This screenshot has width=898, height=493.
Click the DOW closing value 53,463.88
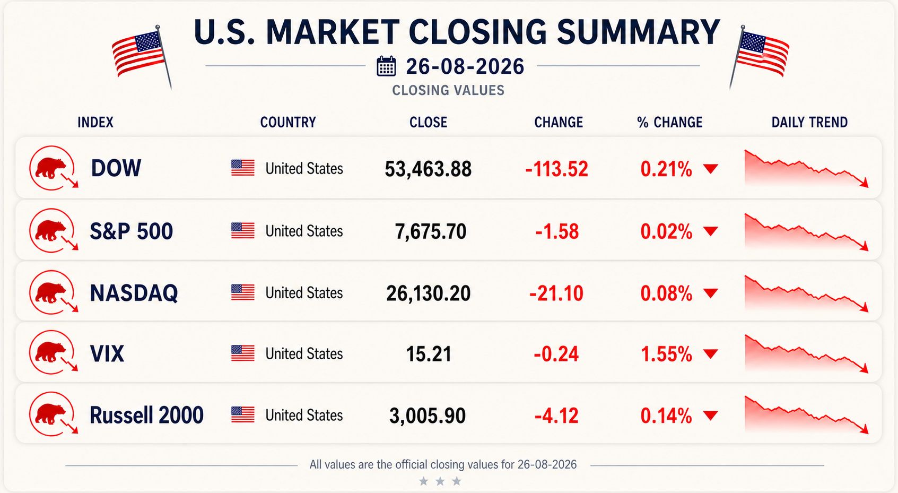pyautogui.click(x=428, y=169)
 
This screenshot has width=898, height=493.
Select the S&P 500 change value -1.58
pyautogui.click(x=557, y=231)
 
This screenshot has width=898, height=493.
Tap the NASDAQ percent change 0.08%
pyautogui.click(x=666, y=293)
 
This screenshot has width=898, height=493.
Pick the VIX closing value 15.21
pyautogui.click(x=429, y=354)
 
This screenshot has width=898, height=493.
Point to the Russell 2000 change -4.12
pyautogui.click(x=556, y=416)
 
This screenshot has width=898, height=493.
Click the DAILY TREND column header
pyautogui.click(x=809, y=122)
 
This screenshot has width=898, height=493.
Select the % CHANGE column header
pyautogui.click(x=669, y=122)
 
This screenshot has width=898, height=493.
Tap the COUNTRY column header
pyautogui.click(x=288, y=122)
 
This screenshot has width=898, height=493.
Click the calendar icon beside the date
pyautogui.click(x=386, y=66)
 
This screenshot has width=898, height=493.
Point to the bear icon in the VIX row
pyautogui.click(x=50, y=352)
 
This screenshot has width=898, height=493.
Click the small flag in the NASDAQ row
pyautogui.click(x=243, y=292)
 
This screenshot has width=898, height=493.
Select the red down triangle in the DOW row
pyautogui.click(x=710, y=169)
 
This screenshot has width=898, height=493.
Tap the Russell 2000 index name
pyautogui.click(x=146, y=415)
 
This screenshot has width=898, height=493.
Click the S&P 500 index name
pyautogui.click(x=131, y=231)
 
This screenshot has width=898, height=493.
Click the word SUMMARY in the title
pyautogui.click(x=638, y=32)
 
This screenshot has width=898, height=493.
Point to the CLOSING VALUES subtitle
pyautogui.click(x=448, y=90)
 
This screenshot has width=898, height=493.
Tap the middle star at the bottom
pyautogui.click(x=440, y=481)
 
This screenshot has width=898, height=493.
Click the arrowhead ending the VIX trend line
pyautogui.click(x=865, y=368)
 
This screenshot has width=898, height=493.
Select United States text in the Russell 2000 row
pyautogui.click(x=304, y=415)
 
